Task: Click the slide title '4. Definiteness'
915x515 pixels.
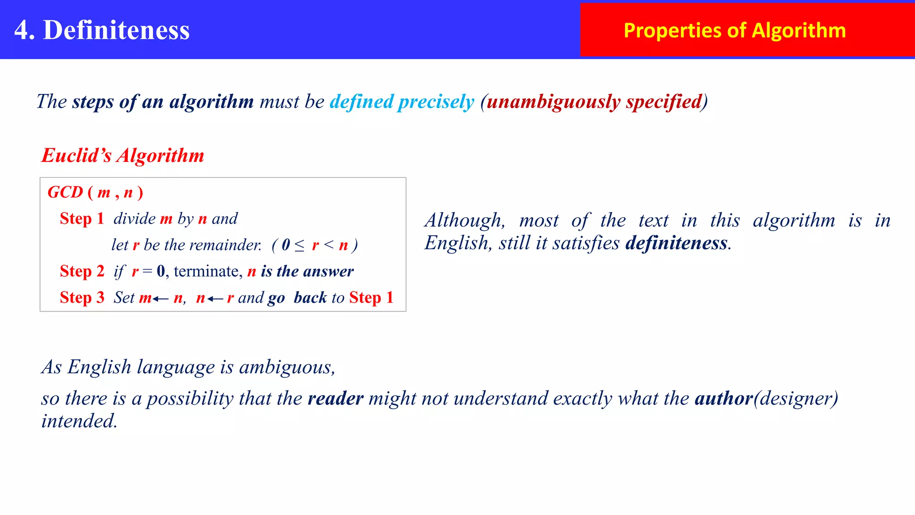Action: (102, 30)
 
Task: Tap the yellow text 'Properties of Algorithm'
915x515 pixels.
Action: (735, 30)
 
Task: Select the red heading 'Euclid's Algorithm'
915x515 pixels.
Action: (123, 156)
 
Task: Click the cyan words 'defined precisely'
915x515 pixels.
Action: (402, 101)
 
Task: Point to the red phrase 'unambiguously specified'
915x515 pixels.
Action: (594, 101)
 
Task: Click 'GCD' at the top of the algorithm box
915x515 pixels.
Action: (65, 192)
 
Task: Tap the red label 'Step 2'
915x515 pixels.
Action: (82, 271)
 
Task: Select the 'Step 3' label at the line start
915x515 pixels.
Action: (82, 298)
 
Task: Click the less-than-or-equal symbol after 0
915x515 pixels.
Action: (299, 245)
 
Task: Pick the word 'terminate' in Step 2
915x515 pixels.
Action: (207, 271)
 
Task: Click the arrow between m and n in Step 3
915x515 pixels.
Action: (160, 299)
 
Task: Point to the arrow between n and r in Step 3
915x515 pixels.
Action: (215, 299)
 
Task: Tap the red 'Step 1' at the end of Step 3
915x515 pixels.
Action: (371, 298)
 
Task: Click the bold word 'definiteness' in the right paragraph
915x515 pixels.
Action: (676, 243)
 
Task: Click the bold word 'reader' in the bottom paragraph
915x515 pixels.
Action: (336, 398)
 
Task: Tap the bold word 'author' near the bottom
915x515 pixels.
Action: (724, 398)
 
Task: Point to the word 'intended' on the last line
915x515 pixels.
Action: (79, 421)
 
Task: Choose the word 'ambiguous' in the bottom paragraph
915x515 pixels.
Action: (286, 367)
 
